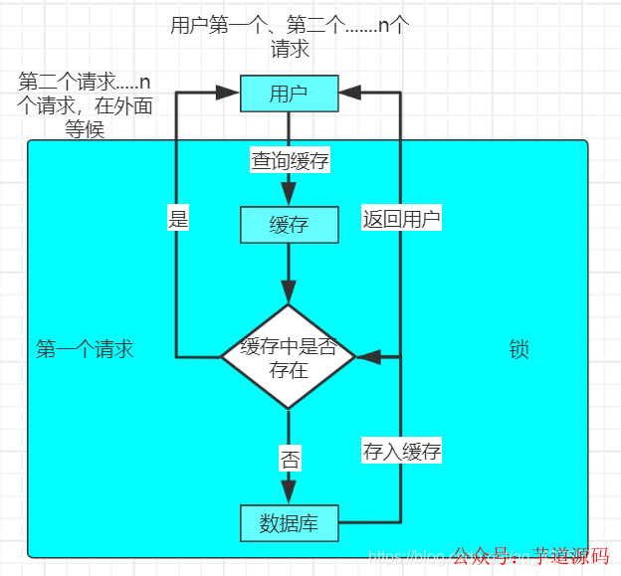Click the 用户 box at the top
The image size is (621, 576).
click(289, 94)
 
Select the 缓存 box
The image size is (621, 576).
click(289, 225)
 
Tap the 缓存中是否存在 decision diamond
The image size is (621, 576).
click(289, 356)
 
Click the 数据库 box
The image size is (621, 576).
click(289, 523)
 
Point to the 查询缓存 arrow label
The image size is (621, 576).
click(289, 160)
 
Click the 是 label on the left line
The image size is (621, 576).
click(178, 219)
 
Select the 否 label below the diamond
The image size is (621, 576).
click(289, 460)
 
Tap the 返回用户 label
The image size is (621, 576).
click(401, 219)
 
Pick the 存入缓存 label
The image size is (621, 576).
click(401, 452)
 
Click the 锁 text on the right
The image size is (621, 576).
click(518, 349)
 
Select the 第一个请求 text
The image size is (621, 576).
click(85, 349)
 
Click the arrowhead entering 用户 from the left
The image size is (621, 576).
click(228, 94)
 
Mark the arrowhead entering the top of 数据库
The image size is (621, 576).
click(289, 492)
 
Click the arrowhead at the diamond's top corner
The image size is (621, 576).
click(289, 292)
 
